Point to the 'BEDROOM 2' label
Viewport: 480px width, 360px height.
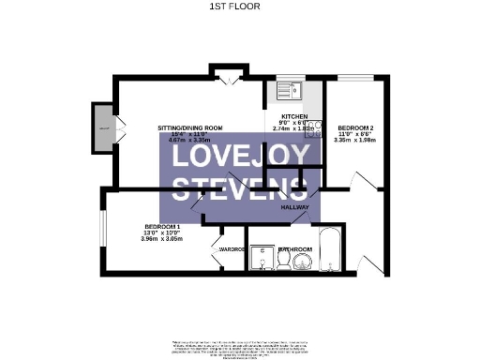[x=356, y=127]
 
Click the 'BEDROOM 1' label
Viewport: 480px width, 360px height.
[x=161, y=227]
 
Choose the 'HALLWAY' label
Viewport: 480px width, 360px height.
[x=296, y=212]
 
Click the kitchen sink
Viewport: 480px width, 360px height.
[x=283, y=92]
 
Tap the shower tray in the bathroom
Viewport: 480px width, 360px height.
[x=260, y=258]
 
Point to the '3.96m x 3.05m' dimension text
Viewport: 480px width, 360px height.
[x=161, y=239]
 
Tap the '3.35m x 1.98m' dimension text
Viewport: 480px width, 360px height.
[x=356, y=140]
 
